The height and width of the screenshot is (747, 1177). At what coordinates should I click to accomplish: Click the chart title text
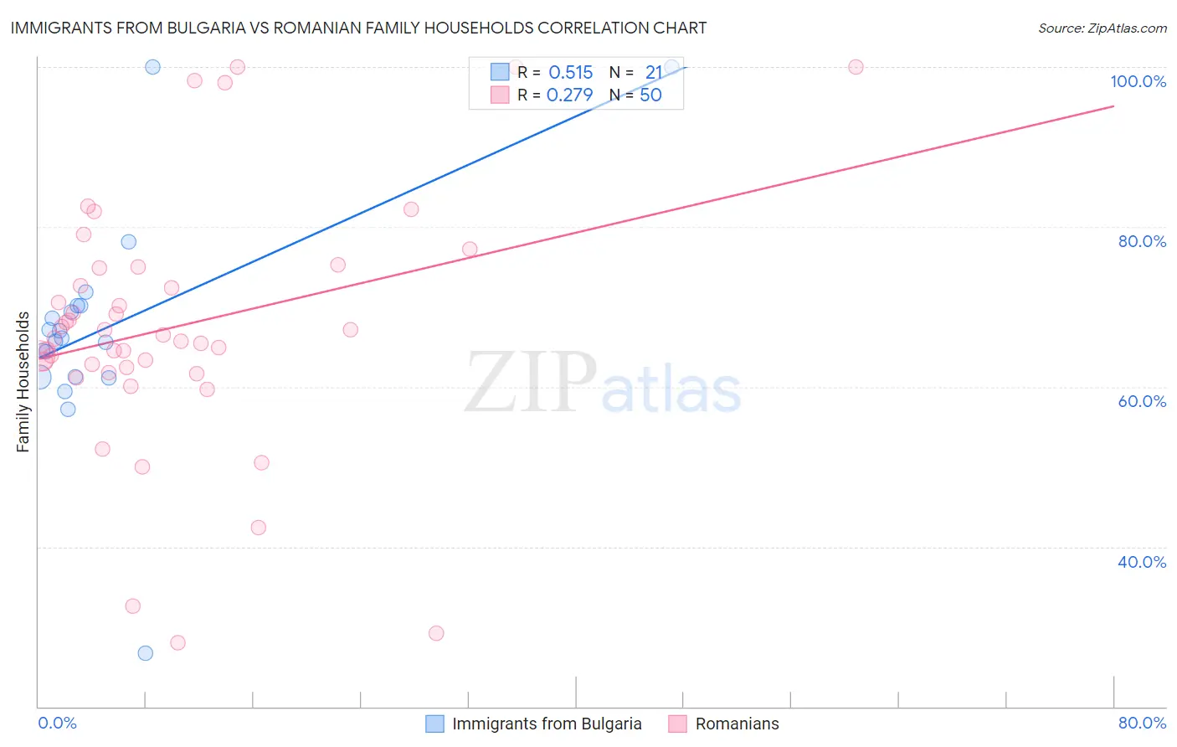[358, 28]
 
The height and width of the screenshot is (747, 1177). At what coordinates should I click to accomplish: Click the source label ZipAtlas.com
[1102, 28]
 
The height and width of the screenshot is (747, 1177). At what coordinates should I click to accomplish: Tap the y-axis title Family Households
[23, 382]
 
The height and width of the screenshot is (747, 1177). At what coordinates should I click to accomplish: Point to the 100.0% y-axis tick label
[1138, 81]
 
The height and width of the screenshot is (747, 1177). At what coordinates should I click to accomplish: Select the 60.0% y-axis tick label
[1142, 401]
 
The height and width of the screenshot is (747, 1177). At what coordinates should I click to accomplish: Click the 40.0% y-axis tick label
[1142, 562]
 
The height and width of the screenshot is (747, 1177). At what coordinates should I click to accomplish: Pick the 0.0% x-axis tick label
[57, 723]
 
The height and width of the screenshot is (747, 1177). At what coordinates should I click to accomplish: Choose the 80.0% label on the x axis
[1142, 723]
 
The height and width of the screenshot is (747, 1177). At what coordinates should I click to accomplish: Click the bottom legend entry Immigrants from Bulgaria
[547, 724]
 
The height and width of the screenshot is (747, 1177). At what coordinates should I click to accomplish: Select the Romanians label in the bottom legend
[737, 724]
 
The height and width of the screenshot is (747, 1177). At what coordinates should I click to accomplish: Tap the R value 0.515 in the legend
[570, 73]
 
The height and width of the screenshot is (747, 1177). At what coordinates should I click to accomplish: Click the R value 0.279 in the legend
[569, 95]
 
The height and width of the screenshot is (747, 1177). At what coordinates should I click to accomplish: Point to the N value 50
[650, 95]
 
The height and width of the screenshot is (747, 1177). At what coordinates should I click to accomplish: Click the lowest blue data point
[146, 653]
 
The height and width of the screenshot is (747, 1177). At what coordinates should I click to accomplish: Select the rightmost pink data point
[856, 67]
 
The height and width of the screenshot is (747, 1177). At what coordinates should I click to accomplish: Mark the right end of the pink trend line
[1113, 106]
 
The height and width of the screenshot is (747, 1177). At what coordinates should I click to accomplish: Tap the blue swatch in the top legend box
[500, 72]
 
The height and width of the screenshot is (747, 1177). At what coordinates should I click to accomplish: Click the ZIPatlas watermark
[603, 382]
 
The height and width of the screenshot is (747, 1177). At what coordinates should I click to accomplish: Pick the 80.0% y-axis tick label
[1142, 241]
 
